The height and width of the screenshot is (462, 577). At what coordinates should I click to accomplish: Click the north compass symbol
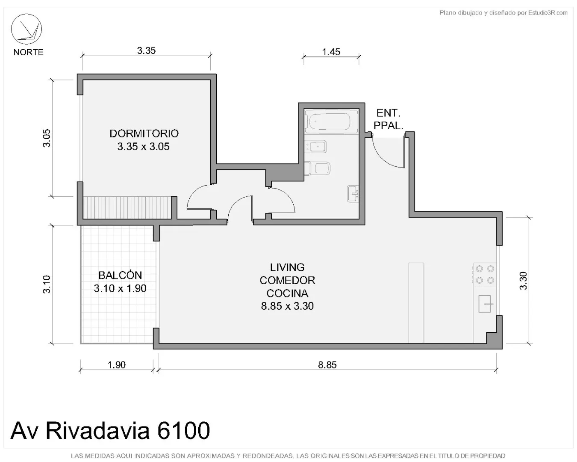26,29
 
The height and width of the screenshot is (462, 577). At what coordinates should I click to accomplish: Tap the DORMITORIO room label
144,133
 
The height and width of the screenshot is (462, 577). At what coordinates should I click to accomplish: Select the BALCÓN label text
120,275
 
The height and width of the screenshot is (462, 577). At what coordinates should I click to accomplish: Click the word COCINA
287,293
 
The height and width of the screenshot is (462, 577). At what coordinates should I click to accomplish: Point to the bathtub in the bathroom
331,122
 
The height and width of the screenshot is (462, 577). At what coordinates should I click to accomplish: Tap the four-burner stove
485,274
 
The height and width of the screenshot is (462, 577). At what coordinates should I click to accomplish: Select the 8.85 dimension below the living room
327,365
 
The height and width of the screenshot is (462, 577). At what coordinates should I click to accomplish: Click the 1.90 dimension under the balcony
117,365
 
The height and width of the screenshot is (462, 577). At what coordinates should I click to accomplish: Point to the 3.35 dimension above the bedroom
146,51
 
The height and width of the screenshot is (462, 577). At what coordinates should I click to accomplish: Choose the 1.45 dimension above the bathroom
331,52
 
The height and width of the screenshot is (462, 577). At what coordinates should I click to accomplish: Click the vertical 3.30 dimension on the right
523,281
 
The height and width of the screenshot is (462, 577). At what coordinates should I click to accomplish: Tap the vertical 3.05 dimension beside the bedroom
47,138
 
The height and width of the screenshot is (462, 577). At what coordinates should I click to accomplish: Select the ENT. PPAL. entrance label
388,119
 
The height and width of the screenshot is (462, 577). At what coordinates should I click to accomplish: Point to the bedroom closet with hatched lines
127,208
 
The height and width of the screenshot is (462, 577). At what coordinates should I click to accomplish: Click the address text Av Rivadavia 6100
110,430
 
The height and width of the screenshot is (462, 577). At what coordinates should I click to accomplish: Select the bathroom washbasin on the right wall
353,194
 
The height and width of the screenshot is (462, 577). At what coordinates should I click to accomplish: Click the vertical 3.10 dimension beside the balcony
47,284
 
